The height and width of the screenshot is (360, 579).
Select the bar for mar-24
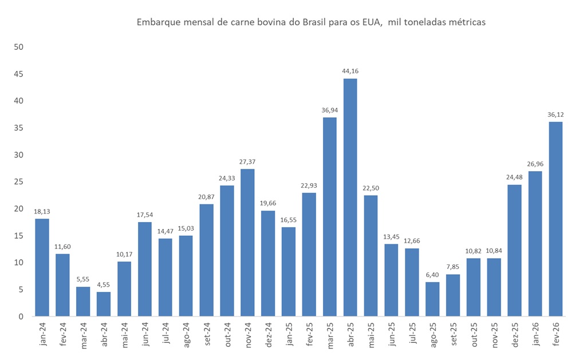coord(83,302)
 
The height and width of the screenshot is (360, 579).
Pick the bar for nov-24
coord(247,243)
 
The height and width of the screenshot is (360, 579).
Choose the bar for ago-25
coord(432,299)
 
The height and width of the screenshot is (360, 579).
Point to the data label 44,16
coord(350,71)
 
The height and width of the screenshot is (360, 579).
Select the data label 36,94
coord(329,110)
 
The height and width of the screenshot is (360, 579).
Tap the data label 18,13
coord(42,211)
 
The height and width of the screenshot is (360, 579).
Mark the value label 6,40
coord(432,275)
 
